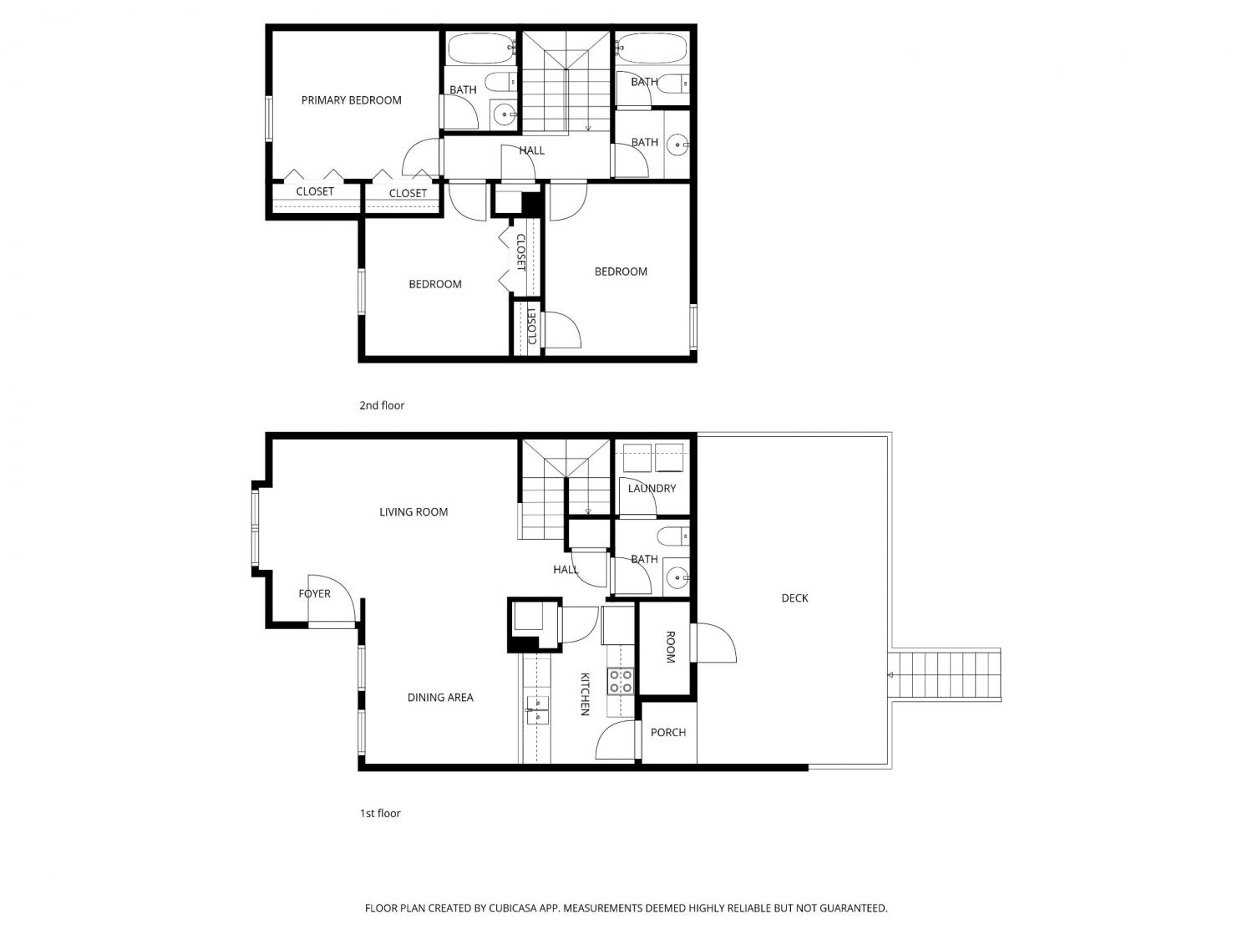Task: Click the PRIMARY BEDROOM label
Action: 351,100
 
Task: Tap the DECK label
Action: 794,598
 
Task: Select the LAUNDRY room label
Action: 652,489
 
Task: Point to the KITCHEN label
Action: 585,694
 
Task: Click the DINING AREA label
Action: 440,698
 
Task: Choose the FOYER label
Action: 315,593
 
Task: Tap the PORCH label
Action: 668,732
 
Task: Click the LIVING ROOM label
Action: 413,512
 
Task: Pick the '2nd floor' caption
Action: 382,405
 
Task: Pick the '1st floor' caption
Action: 380,813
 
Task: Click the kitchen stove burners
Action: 620,681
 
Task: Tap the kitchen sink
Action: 536,710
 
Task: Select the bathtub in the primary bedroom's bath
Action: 481,48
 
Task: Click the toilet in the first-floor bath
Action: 673,536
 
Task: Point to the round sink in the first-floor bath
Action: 677,577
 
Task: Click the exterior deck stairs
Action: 946,674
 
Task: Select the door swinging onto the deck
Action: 713,643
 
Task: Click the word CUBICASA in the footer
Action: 513,908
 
